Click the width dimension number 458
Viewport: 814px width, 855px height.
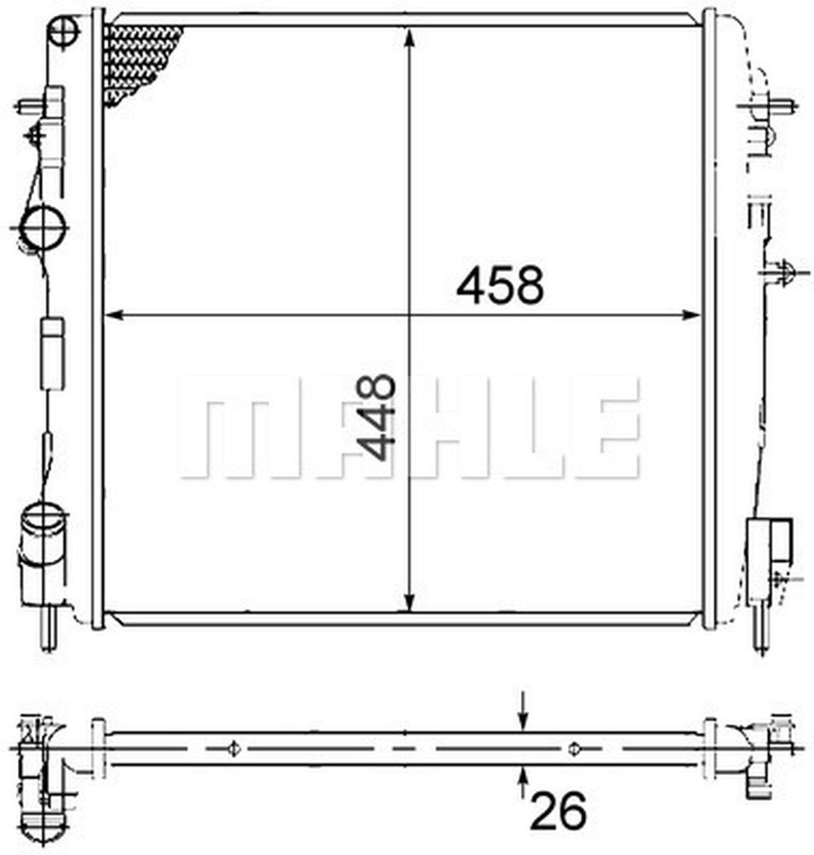[500, 285]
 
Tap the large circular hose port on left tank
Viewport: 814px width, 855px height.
[43, 226]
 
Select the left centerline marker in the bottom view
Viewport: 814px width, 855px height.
[234, 749]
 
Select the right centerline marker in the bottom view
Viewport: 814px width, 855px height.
[573, 749]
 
